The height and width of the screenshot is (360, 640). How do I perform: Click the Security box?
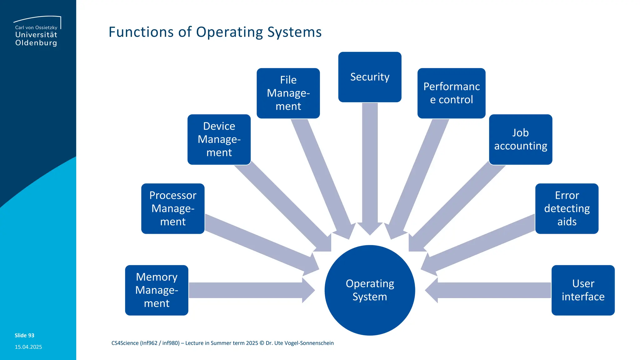370,77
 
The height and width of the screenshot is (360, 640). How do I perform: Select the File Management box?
288,93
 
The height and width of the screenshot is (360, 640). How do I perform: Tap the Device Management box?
219,139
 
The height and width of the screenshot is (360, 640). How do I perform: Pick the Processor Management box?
173,208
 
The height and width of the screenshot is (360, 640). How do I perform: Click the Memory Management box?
157,290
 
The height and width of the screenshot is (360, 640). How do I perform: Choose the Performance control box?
451,93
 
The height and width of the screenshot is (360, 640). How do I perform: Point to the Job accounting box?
520,139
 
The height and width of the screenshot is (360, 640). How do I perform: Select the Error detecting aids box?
567,208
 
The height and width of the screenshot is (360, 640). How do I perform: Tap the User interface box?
583,290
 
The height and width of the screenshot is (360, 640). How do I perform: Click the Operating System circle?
370,290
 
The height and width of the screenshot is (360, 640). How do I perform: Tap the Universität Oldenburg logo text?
36,38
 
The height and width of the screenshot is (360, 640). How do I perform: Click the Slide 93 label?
24,335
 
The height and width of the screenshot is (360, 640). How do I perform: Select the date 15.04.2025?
28,347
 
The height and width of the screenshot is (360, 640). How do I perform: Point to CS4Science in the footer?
125,343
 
